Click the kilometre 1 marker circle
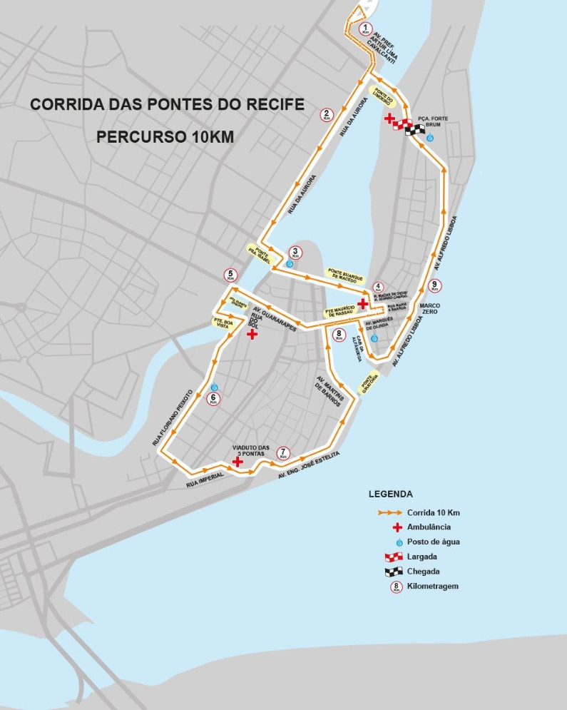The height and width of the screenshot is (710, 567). click(x=366, y=30)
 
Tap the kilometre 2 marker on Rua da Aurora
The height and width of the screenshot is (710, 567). click(x=327, y=114)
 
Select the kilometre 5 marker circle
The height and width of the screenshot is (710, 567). click(x=230, y=275)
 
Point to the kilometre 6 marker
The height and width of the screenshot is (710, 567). click(x=213, y=400)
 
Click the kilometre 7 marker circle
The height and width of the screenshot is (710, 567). click(x=283, y=453)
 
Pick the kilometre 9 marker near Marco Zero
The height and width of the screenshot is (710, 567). click(x=434, y=286)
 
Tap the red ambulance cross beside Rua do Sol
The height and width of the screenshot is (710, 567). click(x=252, y=334)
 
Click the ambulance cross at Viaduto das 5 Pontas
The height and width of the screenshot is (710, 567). click(x=237, y=463)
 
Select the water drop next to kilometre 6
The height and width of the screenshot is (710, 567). click(x=214, y=387)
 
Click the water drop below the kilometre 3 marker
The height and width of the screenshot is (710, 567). click(x=290, y=264)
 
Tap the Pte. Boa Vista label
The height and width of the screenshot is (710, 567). click(x=223, y=323)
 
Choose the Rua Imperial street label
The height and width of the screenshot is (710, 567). click(x=204, y=483)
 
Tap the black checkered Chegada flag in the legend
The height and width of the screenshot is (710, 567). click(x=389, y=572)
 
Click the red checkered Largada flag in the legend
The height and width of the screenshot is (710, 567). click(x=389, y=557)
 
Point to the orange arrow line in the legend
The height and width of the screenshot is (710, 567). click(x=389, y=512)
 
